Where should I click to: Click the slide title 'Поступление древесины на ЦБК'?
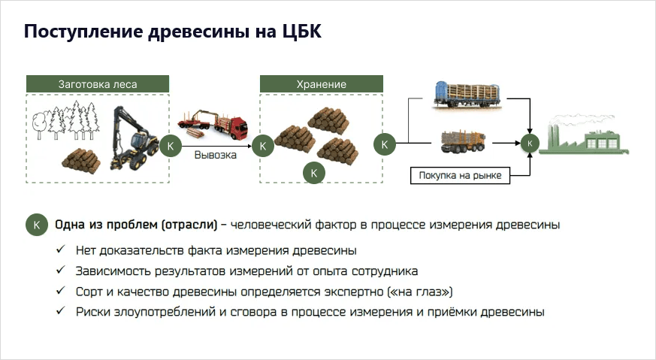coord(173,34)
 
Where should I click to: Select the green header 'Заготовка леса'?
coord(98,84)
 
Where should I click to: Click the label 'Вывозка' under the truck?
coord(216,156)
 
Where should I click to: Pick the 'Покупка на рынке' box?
coord(460,177)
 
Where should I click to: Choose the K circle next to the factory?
coord(530,142)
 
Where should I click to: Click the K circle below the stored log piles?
coord(315,173)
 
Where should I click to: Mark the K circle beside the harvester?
coord(171,146)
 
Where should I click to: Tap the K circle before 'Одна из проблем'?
coord(37,225)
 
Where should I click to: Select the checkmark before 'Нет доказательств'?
coord(60,250)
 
